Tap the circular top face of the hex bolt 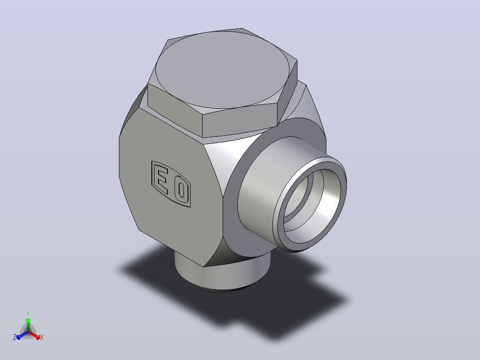point(222,70)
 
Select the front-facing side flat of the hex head point(240,120)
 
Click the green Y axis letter point(28,313)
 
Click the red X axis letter point(42,337)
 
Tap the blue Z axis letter point(15,337)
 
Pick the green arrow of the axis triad point(28,324)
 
